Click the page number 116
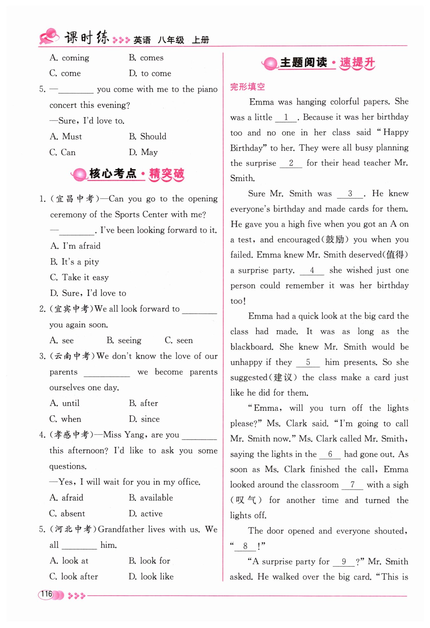[x=47, y=594]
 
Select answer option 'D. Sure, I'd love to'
[x=88, y=293]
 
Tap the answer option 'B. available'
[x=151, y=497]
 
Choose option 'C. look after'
[x=74, y=576]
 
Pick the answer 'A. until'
[x=64, y=403]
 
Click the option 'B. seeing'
[x=124, y=340]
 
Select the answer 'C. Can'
[x=62, y=152]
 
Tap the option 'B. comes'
[x=146, y=58]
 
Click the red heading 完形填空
[x=247, y=87]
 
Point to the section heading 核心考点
[x=113, y=174]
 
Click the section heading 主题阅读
[x=303, y=62]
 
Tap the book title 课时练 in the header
[x=87, y=38]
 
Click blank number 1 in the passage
[x=286, y=117]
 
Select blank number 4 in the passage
[x=312, y=271]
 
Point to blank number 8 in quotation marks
[x=245, y=546]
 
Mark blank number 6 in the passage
[x=330, y=454]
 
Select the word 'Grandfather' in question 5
[x=121, y=529]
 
